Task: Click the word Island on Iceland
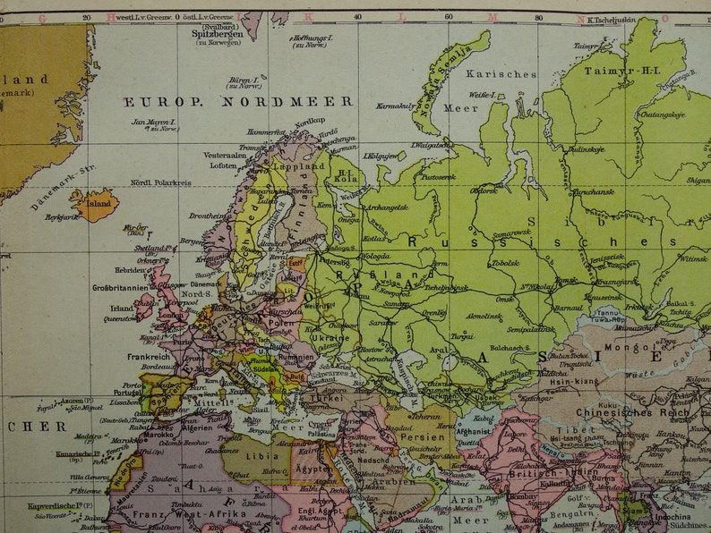99,204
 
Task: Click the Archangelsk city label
386,207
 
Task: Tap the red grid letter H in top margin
111,16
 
